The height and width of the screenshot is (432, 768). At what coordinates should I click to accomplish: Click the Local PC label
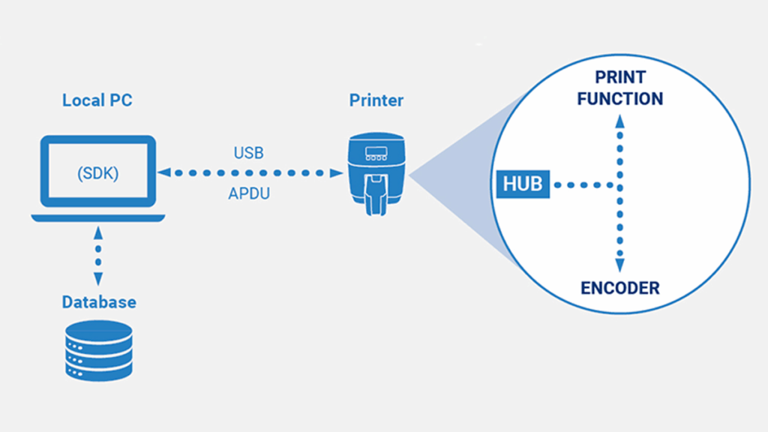pos(97,100)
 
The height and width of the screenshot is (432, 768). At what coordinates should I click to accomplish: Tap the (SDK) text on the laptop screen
pos(97,172)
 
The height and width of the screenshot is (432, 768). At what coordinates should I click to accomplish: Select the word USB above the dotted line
pos(248,153)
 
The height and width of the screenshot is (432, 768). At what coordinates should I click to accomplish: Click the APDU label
pos(248,193)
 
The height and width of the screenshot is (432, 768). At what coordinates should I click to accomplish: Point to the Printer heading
pos(376,100)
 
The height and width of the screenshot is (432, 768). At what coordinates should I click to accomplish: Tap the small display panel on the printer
pos(376,154)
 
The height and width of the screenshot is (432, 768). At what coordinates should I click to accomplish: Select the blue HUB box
pos(523,184)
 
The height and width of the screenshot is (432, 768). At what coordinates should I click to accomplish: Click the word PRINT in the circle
pos(620,77)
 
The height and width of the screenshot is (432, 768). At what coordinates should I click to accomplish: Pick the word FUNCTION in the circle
pos(620,99)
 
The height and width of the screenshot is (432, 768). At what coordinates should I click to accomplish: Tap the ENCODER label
pos(620,288)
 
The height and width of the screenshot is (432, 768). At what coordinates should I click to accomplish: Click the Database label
pos(98,302)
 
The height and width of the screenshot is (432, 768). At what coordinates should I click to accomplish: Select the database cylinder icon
pos(98,349)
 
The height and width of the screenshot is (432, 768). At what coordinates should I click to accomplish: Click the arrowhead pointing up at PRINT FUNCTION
pos(619,119)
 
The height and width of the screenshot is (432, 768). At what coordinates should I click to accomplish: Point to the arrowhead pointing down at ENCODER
pos(619,267)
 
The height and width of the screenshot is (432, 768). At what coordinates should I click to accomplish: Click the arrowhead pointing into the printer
pos(337,172)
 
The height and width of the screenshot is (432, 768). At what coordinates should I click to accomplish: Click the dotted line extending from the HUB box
pos(585,184)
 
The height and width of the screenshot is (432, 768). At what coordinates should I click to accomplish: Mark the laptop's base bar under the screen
pos(98,217)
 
